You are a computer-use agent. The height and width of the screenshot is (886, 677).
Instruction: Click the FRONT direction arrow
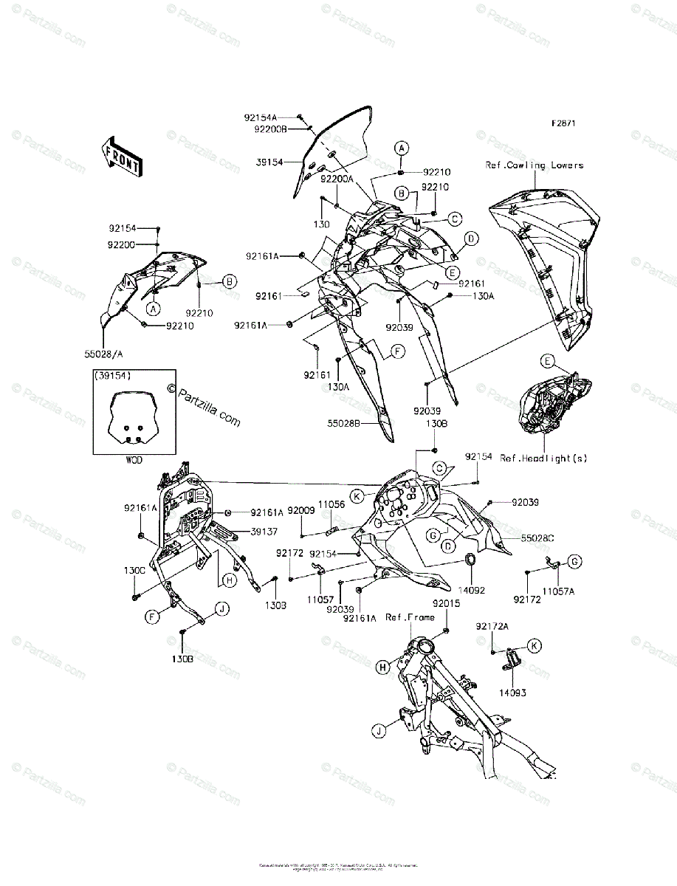coord(123,156)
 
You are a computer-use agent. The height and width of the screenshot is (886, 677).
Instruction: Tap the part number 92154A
coord(261,117)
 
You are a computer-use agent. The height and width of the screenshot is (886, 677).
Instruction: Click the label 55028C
coord(538,540)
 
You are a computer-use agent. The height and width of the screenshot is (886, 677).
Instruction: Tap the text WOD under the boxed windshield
coord(133,460)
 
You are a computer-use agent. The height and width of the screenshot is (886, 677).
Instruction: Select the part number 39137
coord(264,531)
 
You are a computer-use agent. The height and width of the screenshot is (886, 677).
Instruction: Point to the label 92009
coord(301,509)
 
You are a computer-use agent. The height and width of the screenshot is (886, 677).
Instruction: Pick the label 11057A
coord(558,592)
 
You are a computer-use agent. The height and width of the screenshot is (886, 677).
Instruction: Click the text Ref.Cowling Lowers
coord(534,165)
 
